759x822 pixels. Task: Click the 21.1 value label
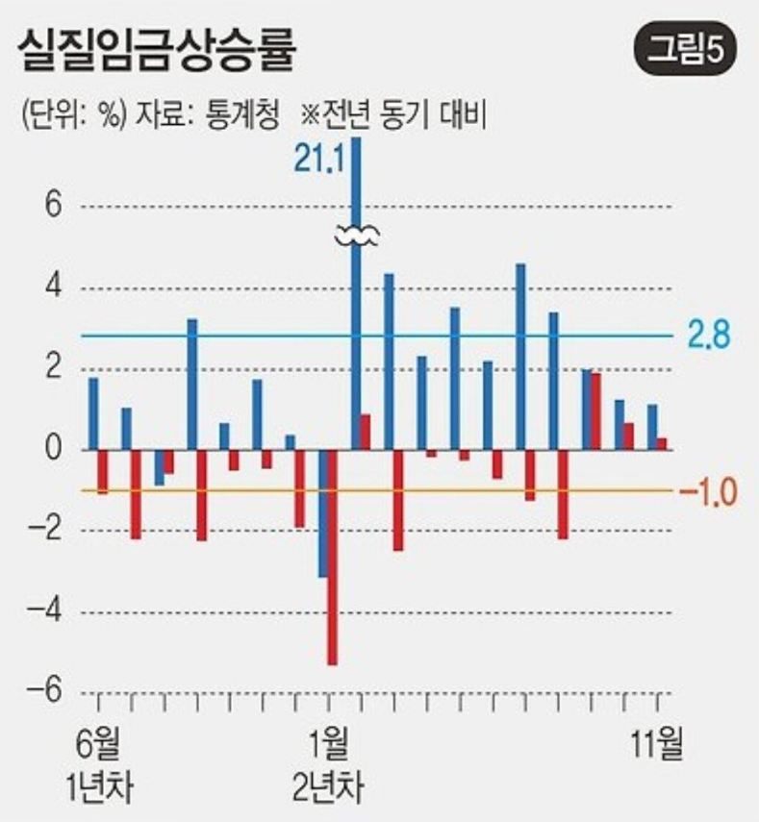pyautogui.click(x=318, y=160)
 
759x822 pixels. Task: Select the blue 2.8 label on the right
pyautogui.click(x=709, y=336)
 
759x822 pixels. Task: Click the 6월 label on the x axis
pyautogui.click(x=99, y=742)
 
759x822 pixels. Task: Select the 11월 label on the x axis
pyautogui.click(x=657, y=742)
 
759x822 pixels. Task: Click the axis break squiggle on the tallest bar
pyautogui.click(x=357, y=235)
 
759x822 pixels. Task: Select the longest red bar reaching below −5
pyautogui.click(x=332, y=558)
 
